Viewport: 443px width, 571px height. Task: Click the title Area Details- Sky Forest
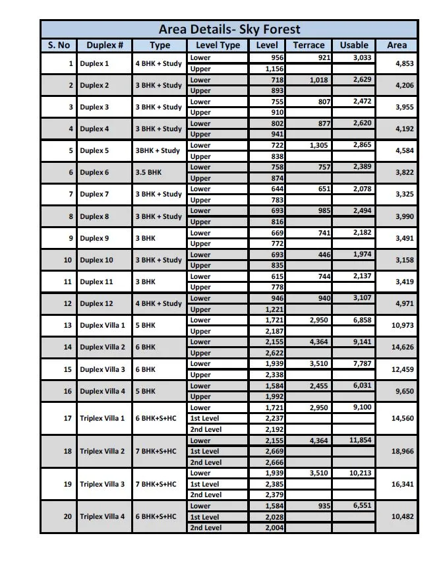click(229, 30)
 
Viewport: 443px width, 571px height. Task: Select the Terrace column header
click(309, 45)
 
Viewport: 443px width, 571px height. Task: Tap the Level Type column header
click(218, 45)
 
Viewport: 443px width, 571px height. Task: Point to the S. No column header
click(59, 45)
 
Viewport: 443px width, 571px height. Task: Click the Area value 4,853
click(404, 64)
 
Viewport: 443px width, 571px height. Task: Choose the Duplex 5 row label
click(94, 151)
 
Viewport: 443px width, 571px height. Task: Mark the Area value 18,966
click(401, 452)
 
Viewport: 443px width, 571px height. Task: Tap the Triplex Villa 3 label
click(102, 485)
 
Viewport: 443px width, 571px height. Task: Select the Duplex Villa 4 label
click(102, 392)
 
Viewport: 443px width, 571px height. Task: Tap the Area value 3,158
click(404, 260)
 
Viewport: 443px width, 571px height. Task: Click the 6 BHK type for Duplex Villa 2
click(146, 347)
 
